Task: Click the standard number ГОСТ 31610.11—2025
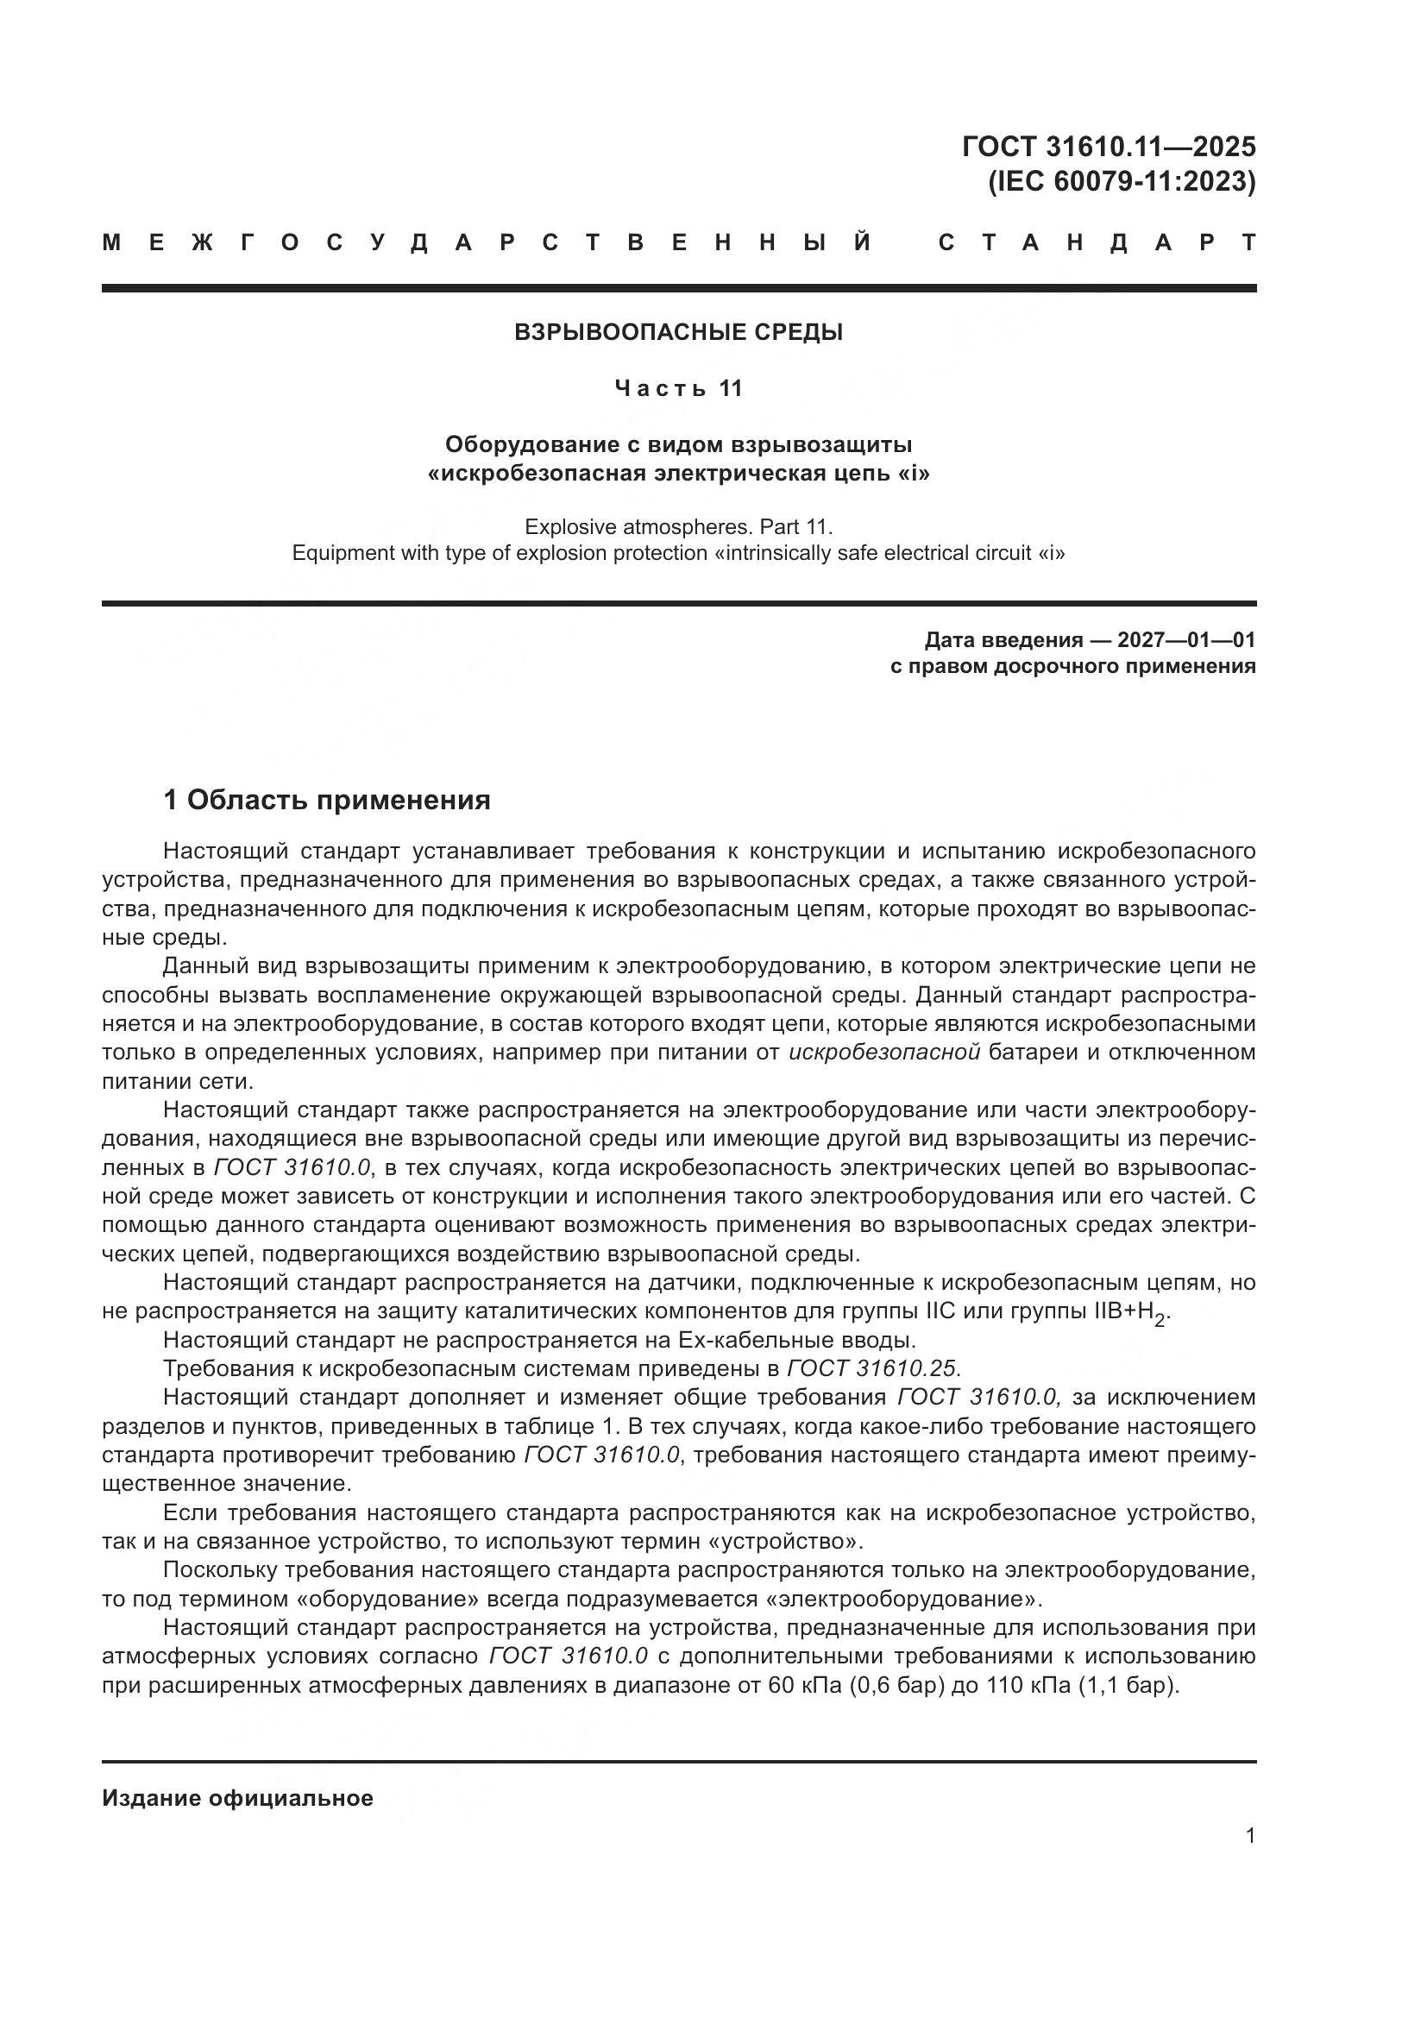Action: (1109, 145)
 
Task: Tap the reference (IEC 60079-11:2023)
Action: (1122, 182)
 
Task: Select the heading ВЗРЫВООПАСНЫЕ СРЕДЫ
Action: (678, 332)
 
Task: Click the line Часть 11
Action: (678, 388)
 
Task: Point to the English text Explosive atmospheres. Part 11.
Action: (678, 527)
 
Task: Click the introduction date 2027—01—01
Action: (1186, 640)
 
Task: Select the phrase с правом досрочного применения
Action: (1073, 666)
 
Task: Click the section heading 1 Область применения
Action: (327, 801)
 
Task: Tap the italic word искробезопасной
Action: (885, 1053)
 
